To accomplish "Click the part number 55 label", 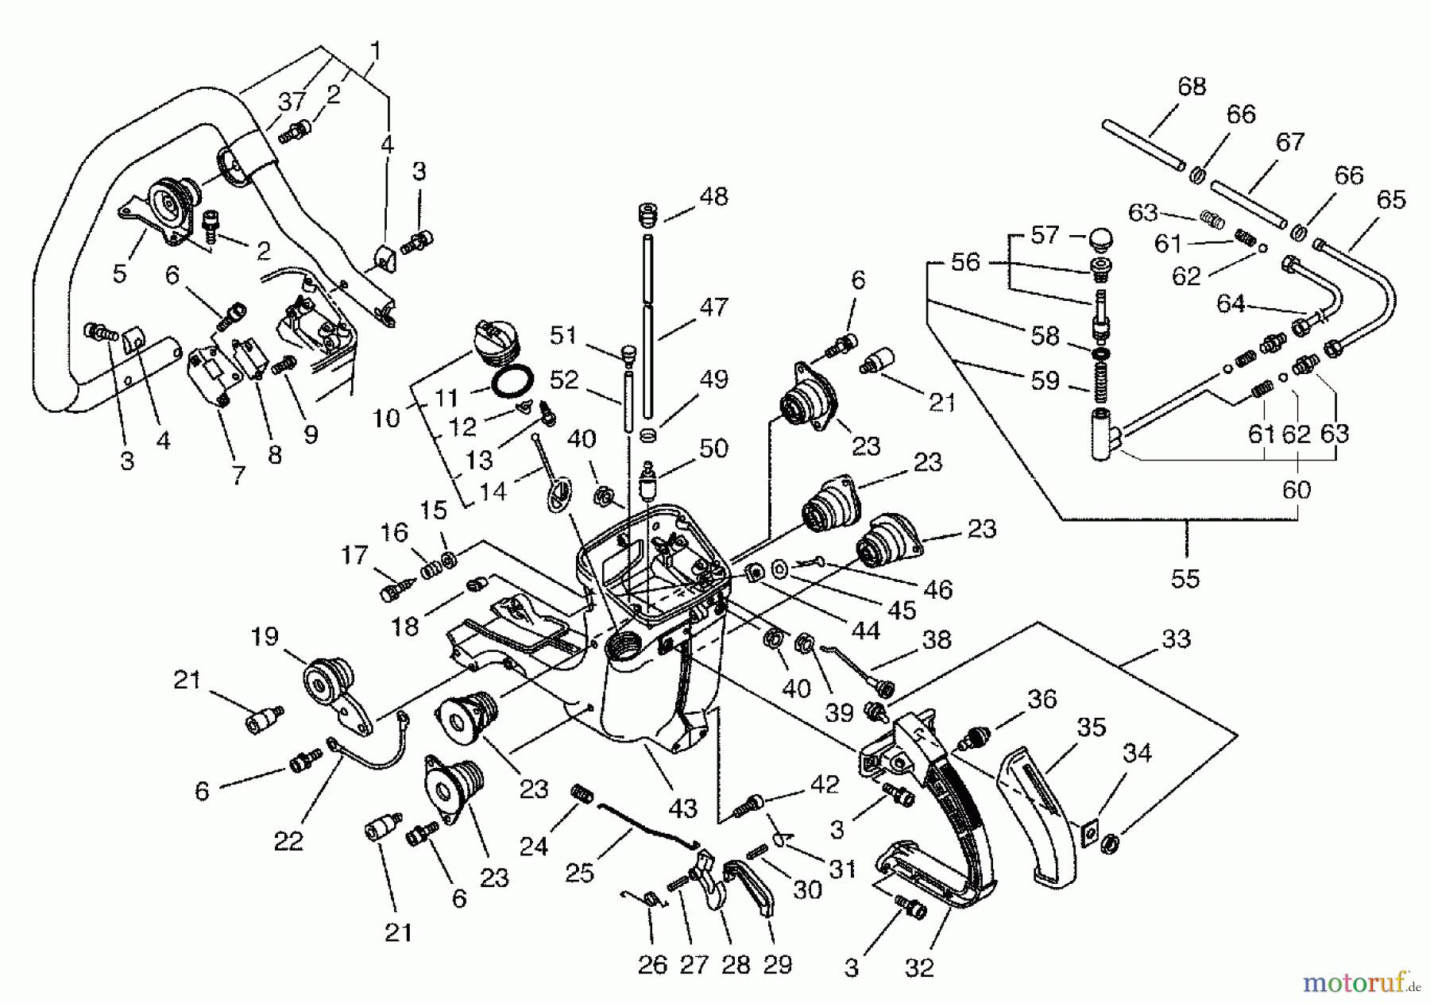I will tap(1185, 578).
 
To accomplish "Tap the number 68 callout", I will tap(1192, 86).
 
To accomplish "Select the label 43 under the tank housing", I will tap(682, 808).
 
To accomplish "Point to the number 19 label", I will tap(265, 636).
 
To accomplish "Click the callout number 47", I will tap(713, 307).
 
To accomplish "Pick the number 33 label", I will tap(1177, 638).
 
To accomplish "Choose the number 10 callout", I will tap(386, 418).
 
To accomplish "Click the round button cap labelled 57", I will tap(1100, 237).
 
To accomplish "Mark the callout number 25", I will tap(579, 873).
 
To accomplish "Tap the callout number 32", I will tap(920, 968).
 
